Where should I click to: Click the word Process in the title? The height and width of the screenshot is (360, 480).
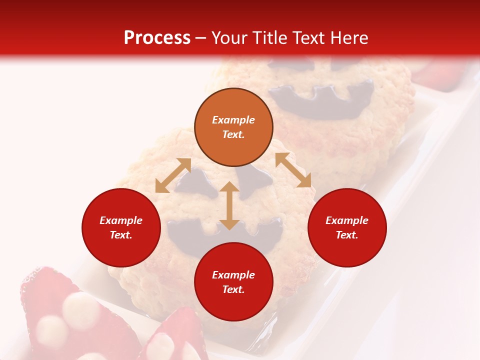click(157, 38)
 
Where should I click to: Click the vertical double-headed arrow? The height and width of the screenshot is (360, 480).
click(229, 205)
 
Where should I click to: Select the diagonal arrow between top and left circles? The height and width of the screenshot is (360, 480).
click(173, 175)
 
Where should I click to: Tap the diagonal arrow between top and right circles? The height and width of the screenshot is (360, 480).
click(293, 170)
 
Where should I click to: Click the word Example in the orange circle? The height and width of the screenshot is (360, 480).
click(233, 120)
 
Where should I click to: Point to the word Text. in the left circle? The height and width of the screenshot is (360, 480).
click(121, 235)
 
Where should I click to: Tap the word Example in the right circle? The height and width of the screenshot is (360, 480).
click(347, 220)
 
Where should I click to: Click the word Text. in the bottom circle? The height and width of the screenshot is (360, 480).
click(233, 289)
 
